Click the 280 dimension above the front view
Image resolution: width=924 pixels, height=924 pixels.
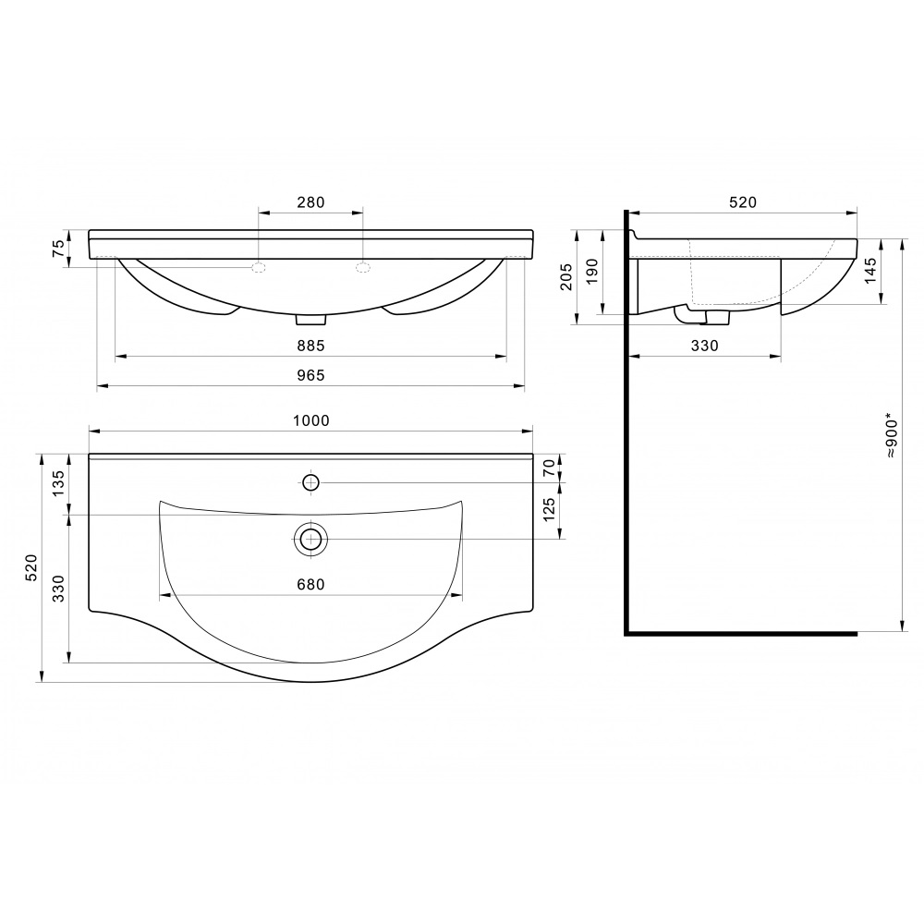click(x=310, y=202)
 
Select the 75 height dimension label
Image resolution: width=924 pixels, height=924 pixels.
click(x=58, y=249)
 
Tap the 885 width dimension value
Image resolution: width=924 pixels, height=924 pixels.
click(x=310, y=346)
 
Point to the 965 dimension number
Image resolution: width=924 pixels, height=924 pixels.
click(x=310, y=375)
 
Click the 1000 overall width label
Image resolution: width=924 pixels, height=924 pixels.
click(x=311, y=420)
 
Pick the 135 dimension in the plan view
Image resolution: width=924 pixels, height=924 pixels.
click(x=58, y=483)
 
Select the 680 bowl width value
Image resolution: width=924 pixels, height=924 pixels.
click(x=310, y=584)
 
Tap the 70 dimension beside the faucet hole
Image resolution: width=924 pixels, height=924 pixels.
click(x=549, y=468)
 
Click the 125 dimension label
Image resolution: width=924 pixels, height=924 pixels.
click(x=549, y=510)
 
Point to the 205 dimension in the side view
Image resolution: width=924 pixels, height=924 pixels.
click(x=565, y=276)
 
